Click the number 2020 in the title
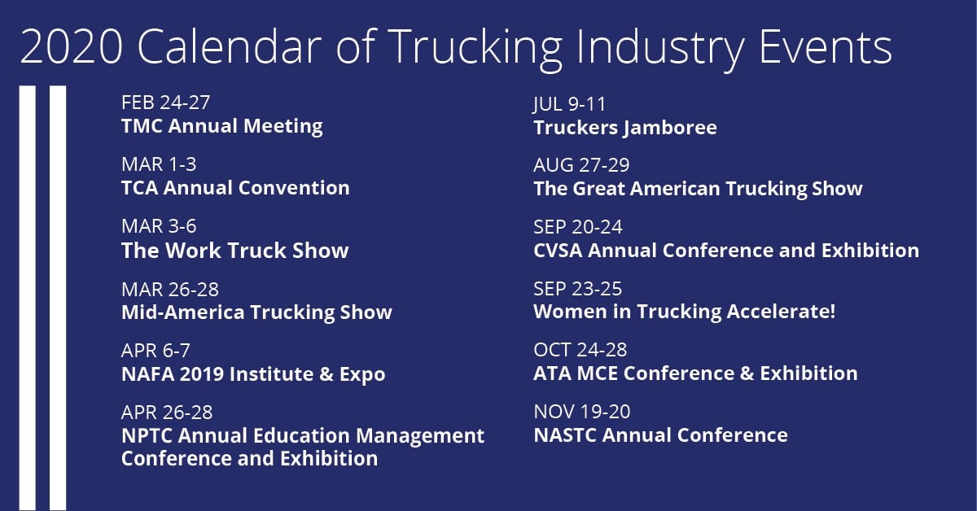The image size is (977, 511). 72,46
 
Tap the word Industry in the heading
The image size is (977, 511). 660,49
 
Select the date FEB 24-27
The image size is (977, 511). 166,103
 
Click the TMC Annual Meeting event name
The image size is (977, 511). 222,127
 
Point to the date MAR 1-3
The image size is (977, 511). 159,165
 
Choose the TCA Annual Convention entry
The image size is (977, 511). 235,188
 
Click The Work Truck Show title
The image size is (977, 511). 235,251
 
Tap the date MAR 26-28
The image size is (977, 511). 170,290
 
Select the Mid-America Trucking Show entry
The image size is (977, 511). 257,313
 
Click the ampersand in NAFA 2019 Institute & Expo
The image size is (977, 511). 326,374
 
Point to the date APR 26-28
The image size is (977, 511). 167,413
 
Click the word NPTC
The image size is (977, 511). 147,435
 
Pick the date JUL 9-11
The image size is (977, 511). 569,105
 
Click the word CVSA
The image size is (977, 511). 558,251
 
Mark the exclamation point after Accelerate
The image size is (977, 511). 832,312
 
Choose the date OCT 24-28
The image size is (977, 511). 580,350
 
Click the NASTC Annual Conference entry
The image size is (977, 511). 661,435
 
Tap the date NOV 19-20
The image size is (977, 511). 582,412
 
